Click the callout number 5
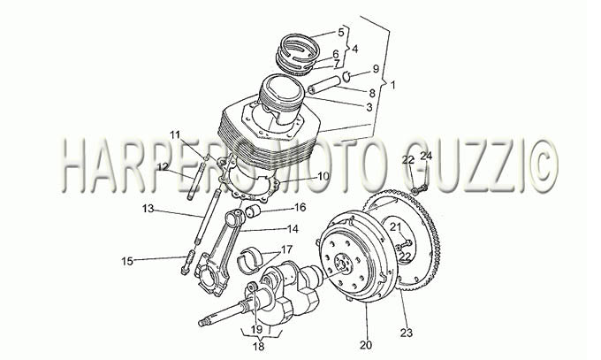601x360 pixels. click(x=341, y=32)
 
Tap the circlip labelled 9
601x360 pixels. click(x=346, y=76)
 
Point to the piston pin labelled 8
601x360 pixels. click(x=324, y=85)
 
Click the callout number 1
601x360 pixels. click(x=392, y=85)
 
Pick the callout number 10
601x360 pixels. click(x=323, y=177)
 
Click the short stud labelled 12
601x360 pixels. click(x=193, y=179)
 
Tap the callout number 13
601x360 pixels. click(x=148, y=209)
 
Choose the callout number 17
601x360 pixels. click(x=286, y=249)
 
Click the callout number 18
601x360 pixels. click(x=259, y=347)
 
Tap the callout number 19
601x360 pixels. click(x=256, y=330)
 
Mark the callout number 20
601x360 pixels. click(x=366, y=345)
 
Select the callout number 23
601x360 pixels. click(x=407, y=333)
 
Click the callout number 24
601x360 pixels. click(x=426, y=156)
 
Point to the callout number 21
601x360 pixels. click(x=395, y=226)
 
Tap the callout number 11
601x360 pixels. click(x=175, y=134)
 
